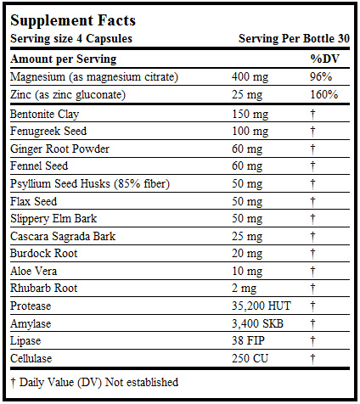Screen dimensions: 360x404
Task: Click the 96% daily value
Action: pyautogui.click(x=323, y=76)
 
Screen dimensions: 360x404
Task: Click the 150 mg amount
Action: pyautogui.click(x=250, y=114)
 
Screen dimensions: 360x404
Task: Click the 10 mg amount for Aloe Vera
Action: pyautogui.click(x=246, y=271)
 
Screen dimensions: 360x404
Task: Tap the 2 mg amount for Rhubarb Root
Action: pyautogui.click(x=244, y=289)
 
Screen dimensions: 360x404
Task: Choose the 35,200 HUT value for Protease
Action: pyautogui.click(x=259, y=306)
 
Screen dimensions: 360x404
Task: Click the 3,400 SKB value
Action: pyautogui.click(x=256, y=323)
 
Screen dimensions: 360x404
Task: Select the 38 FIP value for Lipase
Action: pyautogui.click(x=247, y=340)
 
